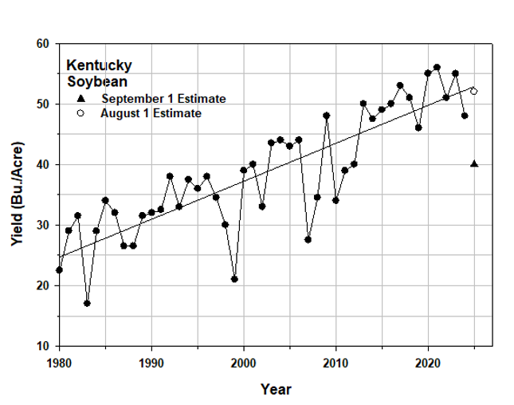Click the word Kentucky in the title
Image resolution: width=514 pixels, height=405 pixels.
click(x=99, y=65)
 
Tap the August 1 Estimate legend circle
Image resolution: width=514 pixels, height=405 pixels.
click(x=80, y=113)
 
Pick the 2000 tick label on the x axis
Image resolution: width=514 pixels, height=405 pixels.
click(x=243, y=361)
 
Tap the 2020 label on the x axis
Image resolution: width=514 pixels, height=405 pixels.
click(x=428, y=361)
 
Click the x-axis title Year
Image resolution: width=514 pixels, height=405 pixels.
click(x=276, y=389)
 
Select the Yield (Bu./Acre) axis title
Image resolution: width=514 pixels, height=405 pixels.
click(x=17, y=194)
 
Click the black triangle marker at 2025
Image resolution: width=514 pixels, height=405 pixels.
click(x=474, y=163)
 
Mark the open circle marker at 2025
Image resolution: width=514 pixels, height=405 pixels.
click(x=473, y=91)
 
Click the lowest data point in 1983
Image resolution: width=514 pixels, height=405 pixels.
click(x=87, y=303)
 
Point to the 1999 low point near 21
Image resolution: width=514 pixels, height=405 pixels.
click(x=234, y=279)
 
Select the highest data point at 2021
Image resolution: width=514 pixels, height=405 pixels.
click(x=437, y=68)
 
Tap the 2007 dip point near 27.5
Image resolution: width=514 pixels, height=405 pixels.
click(x=308, y=239)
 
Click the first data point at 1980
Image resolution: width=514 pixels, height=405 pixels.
click(x=59, y=270)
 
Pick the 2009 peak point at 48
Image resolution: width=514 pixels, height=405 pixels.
click(x=326, y=116)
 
